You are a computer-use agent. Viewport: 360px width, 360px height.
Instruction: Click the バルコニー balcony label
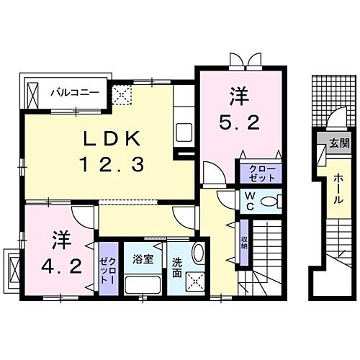tap(78, 91)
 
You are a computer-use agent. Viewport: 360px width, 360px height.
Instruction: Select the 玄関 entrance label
tap(338, 143)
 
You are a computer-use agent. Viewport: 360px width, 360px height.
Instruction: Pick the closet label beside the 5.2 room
tap(261, 173)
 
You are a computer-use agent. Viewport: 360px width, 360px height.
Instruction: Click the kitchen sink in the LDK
tap(183, 132)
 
